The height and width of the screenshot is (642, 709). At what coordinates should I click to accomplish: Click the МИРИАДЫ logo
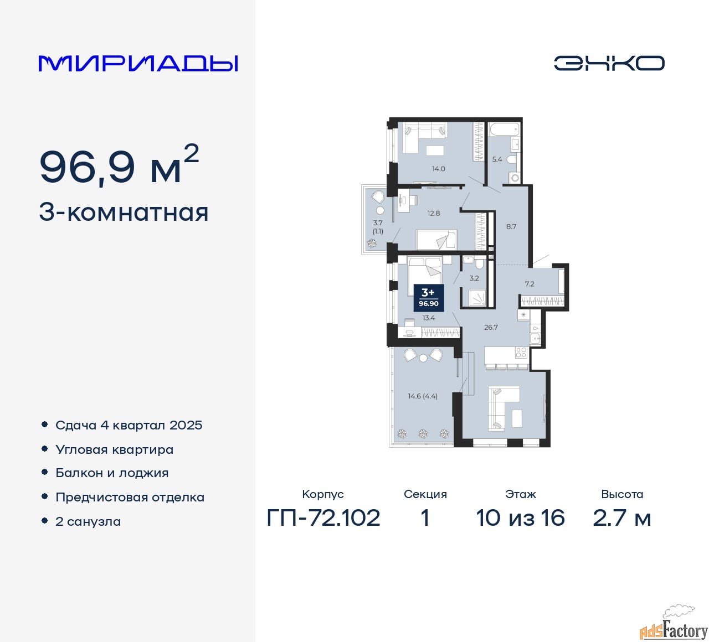[x=138, y=63]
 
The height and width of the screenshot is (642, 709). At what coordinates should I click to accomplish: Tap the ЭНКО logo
[x=609, y=63]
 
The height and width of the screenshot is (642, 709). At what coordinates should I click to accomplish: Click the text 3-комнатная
[x=124, y=213]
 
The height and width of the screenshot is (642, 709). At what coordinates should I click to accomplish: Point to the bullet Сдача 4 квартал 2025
[x=129, y=425]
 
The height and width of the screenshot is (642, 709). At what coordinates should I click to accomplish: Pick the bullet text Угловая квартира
[x=114, y=449]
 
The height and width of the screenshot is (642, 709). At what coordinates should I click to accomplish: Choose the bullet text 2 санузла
[x=88, y=521]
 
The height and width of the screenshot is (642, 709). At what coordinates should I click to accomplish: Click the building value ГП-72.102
[x=323, y=518]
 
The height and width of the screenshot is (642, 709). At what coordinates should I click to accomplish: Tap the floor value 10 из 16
[x=520, y=518]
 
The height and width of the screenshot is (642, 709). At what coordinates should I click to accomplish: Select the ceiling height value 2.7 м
[x=621, y=518]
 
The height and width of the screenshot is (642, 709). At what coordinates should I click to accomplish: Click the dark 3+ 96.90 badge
[x=429, y=297]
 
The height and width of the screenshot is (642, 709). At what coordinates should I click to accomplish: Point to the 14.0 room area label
[x=438, y=169]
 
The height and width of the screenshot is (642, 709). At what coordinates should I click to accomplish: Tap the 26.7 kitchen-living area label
[x=491, y=327]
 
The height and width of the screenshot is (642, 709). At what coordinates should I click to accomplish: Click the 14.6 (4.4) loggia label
[x=423, y=396]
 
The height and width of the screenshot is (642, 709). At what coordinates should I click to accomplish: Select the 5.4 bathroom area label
[x=497, y=159]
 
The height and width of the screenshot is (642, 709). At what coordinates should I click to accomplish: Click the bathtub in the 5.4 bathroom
[x=504, y=131]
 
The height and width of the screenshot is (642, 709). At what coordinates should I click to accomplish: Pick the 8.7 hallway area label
[x=511, y=226]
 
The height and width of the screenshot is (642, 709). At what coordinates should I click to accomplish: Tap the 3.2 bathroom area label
[x=474, y=278]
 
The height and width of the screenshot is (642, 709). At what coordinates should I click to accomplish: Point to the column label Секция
[x=425, y=494]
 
